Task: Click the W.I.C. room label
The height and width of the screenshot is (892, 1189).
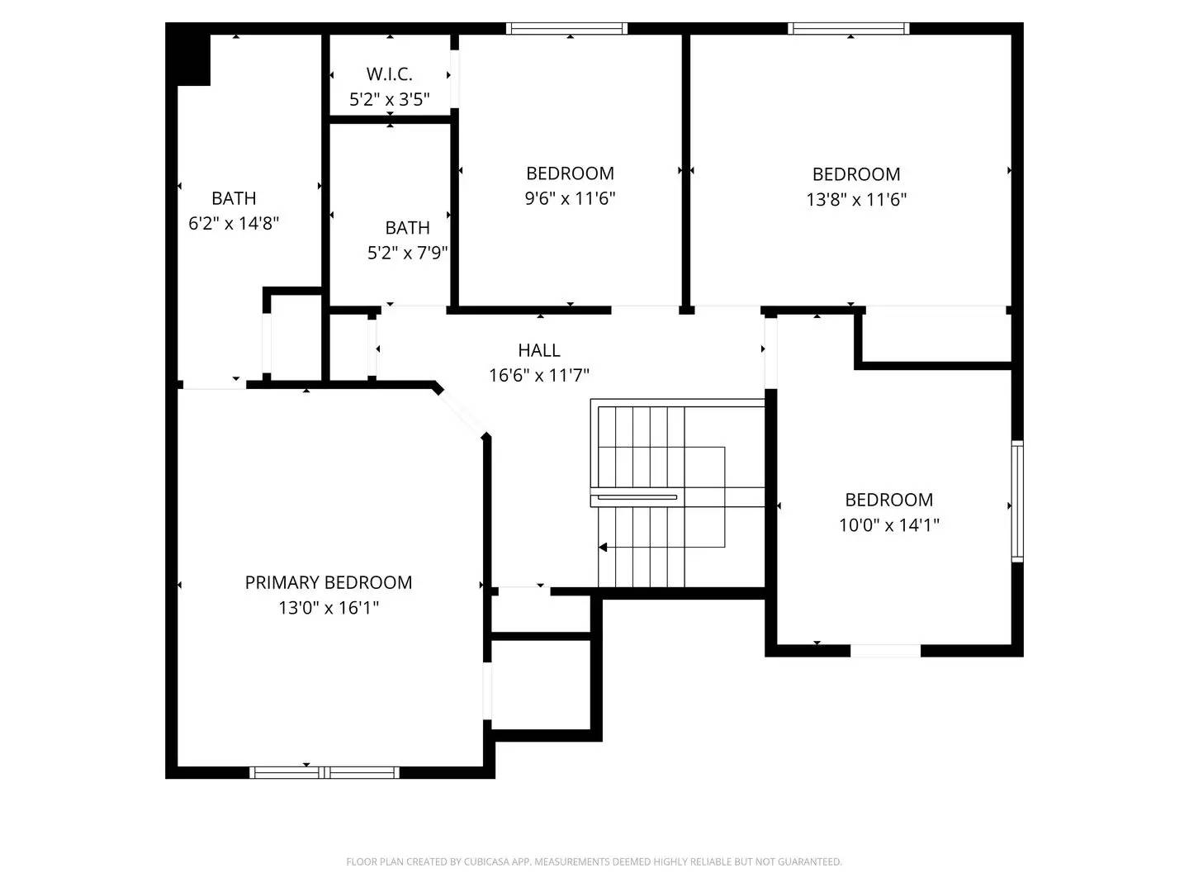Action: coord(389,74)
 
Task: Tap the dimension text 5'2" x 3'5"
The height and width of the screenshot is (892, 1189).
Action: coord(389,100)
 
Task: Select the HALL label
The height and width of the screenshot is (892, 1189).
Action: coord(539,350)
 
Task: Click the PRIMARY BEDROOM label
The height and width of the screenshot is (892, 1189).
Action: coord(328,582)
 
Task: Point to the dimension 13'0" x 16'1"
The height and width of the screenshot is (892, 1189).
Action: coord(328,608)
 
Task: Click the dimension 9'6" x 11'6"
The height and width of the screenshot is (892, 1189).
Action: coord(570,198)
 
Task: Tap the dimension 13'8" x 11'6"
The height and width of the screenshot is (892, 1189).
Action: coord(856,199)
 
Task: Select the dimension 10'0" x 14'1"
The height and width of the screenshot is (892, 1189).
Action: coord(888,525)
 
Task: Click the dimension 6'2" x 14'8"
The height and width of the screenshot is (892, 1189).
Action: coord(234,223)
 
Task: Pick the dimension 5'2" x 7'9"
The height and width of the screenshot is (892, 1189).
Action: coord(407,253)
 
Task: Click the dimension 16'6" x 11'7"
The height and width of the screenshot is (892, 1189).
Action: coord(539,376)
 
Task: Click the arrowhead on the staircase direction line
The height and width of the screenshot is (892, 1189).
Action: coord(604,547)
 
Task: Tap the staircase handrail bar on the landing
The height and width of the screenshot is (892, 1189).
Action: coord(637,497)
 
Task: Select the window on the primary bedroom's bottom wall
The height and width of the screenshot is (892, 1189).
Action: coord(324,772)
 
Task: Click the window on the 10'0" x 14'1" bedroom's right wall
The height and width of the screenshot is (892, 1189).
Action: coord(1017,502)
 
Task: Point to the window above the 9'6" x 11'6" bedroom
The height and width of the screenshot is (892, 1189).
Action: coord(566,28)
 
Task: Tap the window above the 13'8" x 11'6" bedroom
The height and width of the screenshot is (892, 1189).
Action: coord(849,28)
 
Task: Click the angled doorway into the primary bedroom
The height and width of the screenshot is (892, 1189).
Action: coord(461,410)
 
